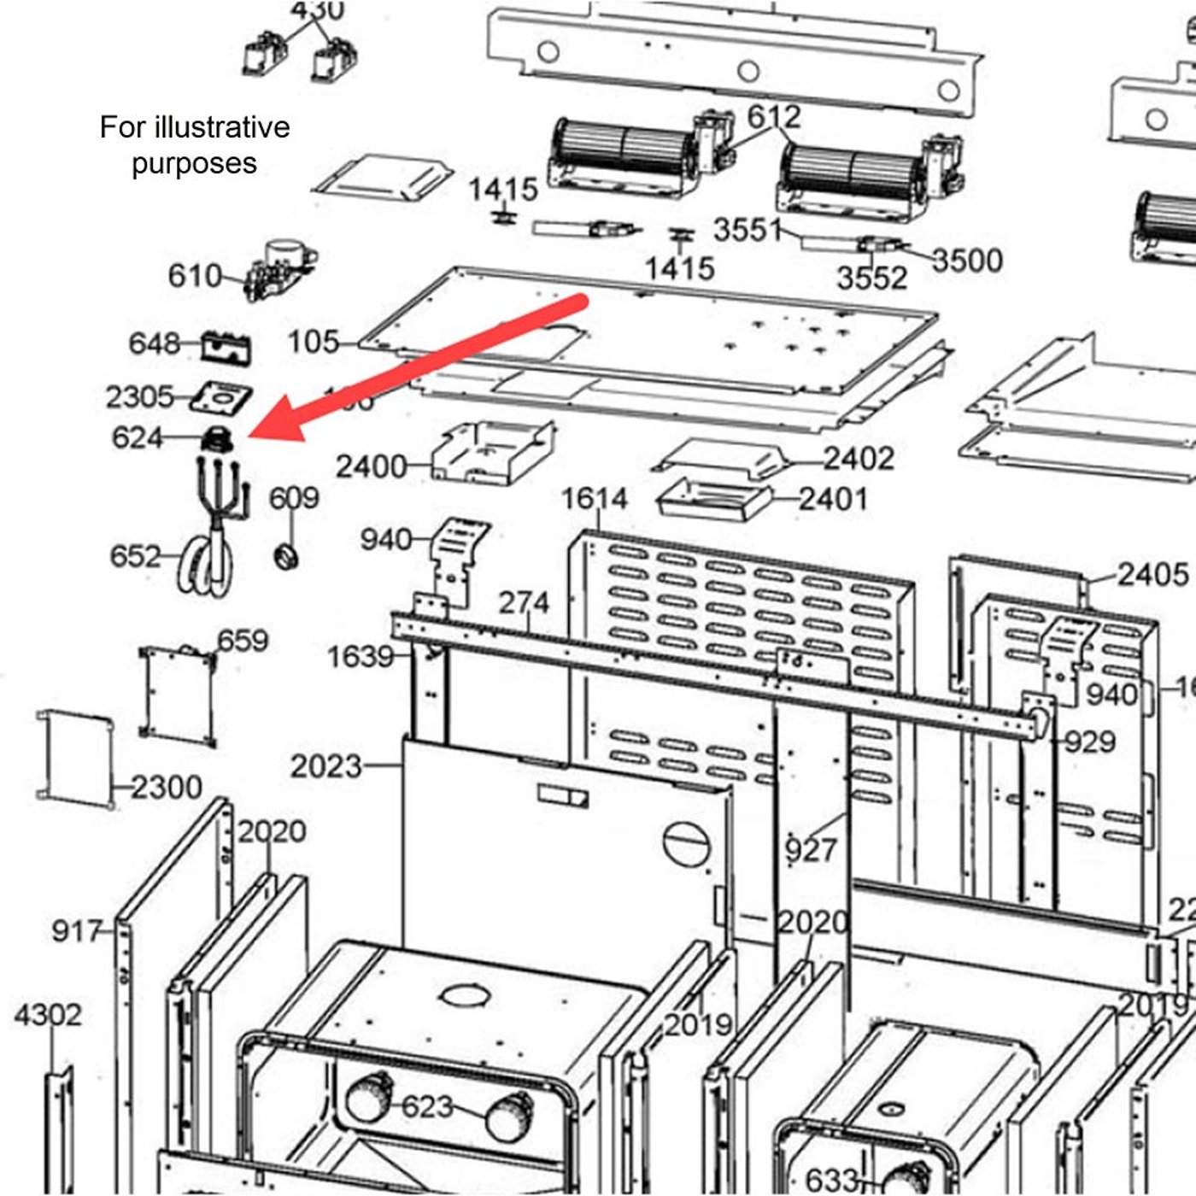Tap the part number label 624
(x=137, y=438)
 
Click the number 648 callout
(x=154, y=343)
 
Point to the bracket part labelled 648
(x=226, y=347)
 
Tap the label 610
(x=194, y=276)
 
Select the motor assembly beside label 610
(x=278, y=268)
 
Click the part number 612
(x=774, y=117)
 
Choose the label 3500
(x=967, y=261)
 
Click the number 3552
(x=871, y=278)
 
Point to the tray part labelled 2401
(x=713, y=500)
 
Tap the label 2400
(x=371, y=467)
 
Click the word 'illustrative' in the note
(x=221, y=127)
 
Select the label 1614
(x=595, y=499)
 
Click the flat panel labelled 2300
(x=75, y=759)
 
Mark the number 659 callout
(x=243, y=641)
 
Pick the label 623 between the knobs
(x=427, y=1107)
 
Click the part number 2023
(x=325, y=766)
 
